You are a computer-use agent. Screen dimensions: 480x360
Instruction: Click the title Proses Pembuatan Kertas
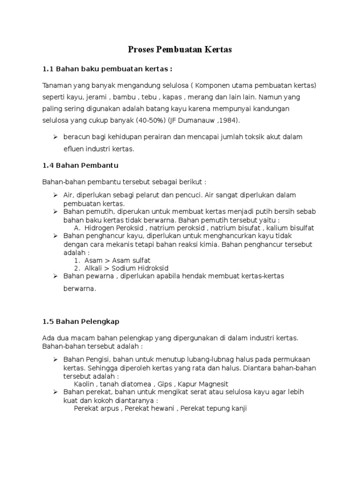(180, 49)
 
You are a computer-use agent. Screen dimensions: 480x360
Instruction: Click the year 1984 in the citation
(228, 120)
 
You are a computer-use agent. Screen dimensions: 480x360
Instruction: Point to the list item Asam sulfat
(129, 260)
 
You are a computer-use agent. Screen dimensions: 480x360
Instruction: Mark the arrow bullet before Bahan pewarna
(55, 276)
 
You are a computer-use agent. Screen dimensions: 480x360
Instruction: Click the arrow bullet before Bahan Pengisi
(55, 359)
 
